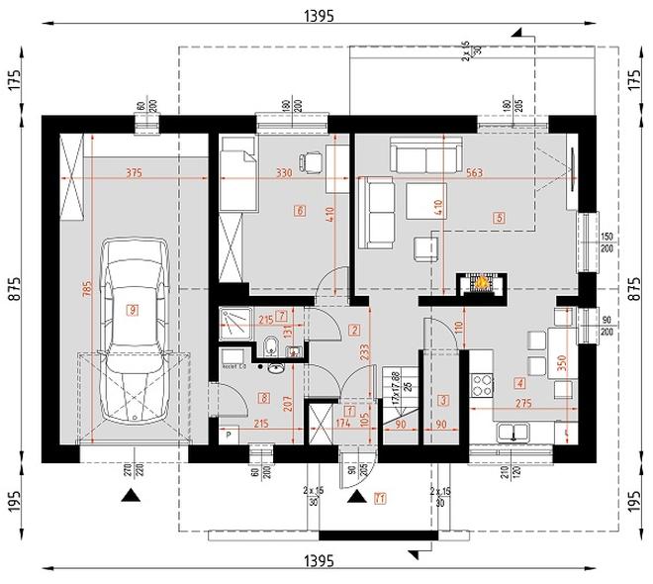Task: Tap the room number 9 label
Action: (x=134, y=310)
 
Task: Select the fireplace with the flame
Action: (x=479, y=283)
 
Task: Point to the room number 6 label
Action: (x=299, y=210)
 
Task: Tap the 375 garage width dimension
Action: (x=134, y=173)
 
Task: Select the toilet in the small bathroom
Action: (x=269, y=346)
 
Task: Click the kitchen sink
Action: (x=514, y=432)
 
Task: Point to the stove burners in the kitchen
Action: (x=485, y=381)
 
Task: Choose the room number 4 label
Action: (x=519, y=381)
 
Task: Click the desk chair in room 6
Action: (x=313, y=157)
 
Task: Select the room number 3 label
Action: (x=443, y=400)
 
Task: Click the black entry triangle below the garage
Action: (x=130, y=496)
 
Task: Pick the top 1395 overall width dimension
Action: (x=320, y=16)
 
